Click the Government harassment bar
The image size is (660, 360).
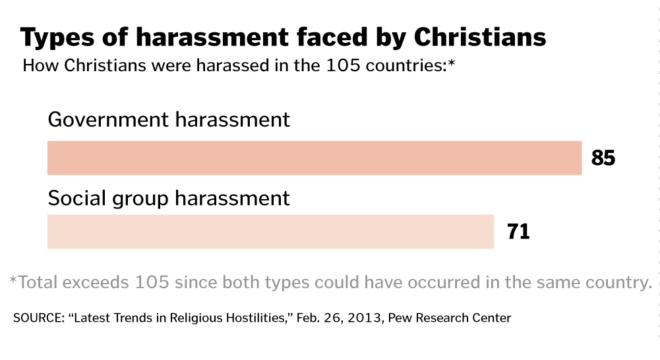click(314, 158)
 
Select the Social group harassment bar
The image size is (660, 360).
click(270, 231)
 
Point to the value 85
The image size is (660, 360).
click(603, 158)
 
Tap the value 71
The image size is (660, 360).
click(518, 232)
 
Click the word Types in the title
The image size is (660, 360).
click(57, 38)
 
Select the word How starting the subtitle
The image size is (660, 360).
click(38, 66)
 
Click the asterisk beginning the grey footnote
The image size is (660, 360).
click(13, 282)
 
